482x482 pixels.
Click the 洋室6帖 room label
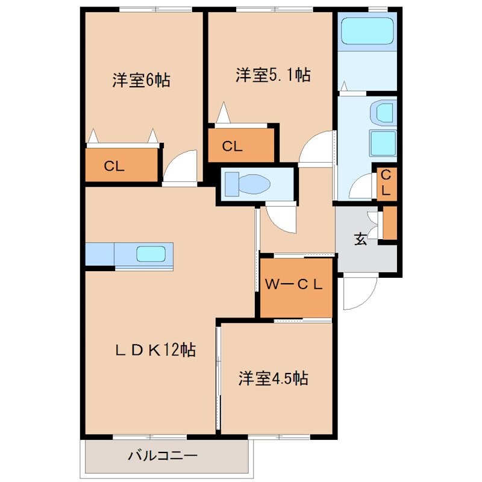coord(140,80)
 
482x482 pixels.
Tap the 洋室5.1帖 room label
coord(272,75)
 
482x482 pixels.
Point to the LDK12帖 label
coord(156,350)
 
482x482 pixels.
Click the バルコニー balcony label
coord(162,455)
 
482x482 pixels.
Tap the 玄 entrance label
coord(360,239)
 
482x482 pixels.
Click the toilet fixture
coord(246,183)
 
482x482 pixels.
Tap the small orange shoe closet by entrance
coord(390,222)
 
